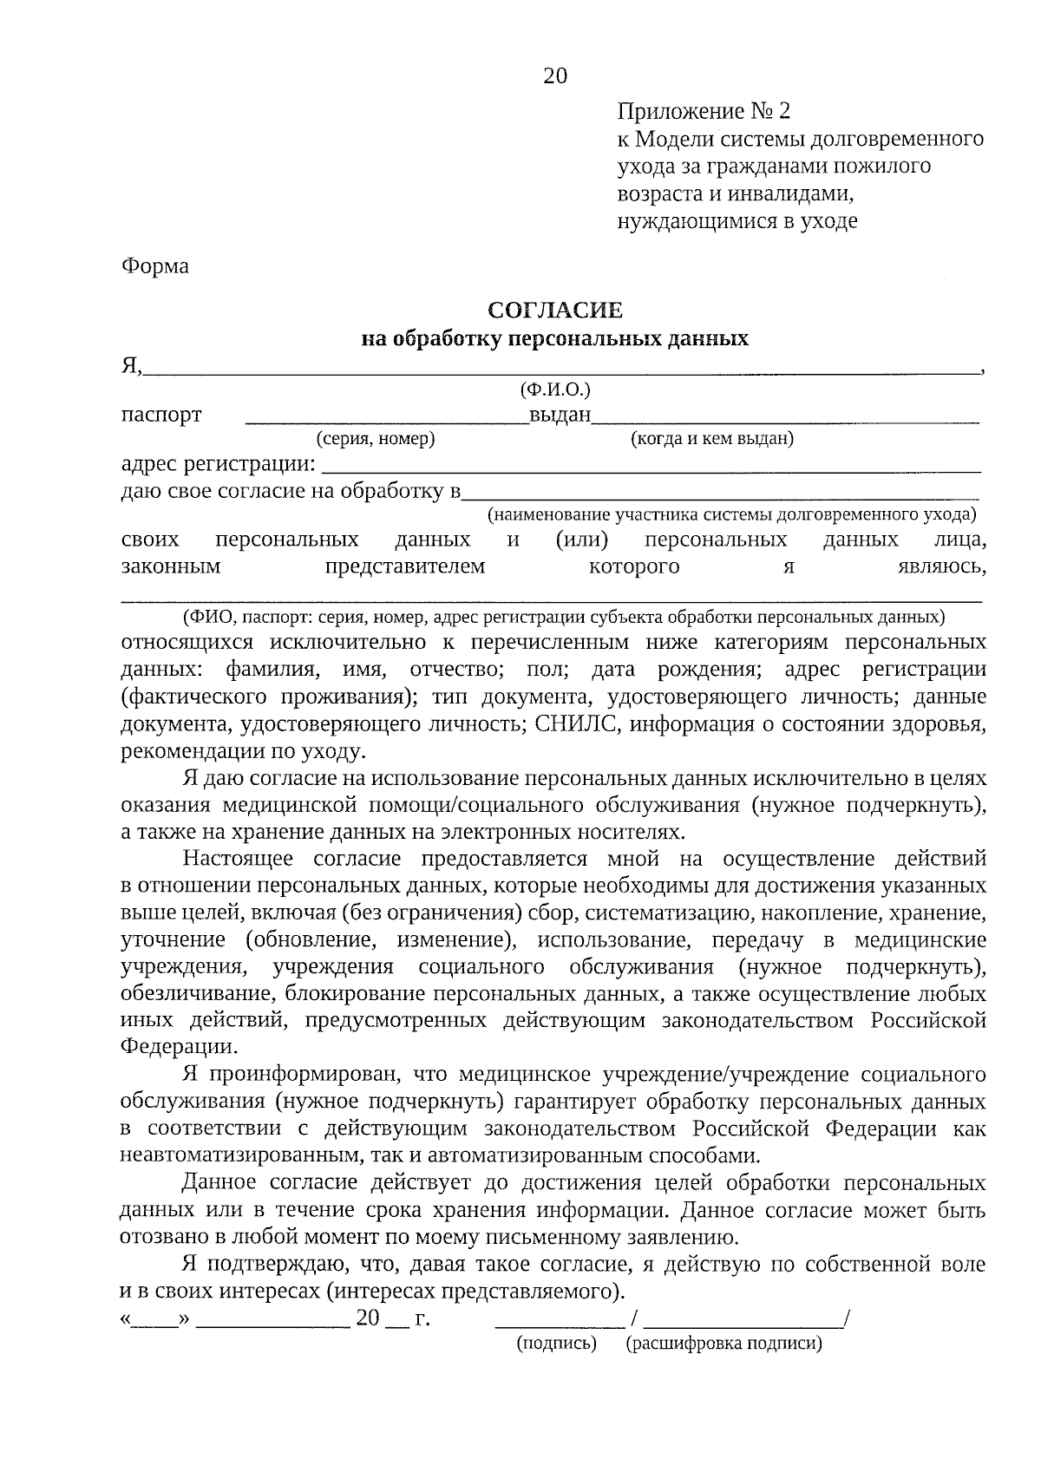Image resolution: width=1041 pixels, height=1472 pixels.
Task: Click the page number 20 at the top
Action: click(555, 75)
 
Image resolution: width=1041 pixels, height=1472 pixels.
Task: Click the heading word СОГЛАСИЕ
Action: click(555, 310)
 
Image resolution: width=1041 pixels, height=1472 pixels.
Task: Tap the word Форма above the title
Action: click(154, 265)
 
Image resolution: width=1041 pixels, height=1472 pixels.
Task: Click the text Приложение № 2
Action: click(704, 111)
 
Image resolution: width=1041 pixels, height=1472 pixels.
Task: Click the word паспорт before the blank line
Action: click(161, 415)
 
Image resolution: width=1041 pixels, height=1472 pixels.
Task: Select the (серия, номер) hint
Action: click(376, 439)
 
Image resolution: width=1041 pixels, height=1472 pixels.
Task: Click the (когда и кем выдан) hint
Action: click(711, 439)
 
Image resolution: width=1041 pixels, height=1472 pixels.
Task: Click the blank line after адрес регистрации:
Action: click(651, 468)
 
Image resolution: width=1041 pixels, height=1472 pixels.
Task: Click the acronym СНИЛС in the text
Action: click(573, 723)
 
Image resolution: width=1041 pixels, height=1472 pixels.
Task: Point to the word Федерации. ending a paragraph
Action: click(179, 1046)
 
